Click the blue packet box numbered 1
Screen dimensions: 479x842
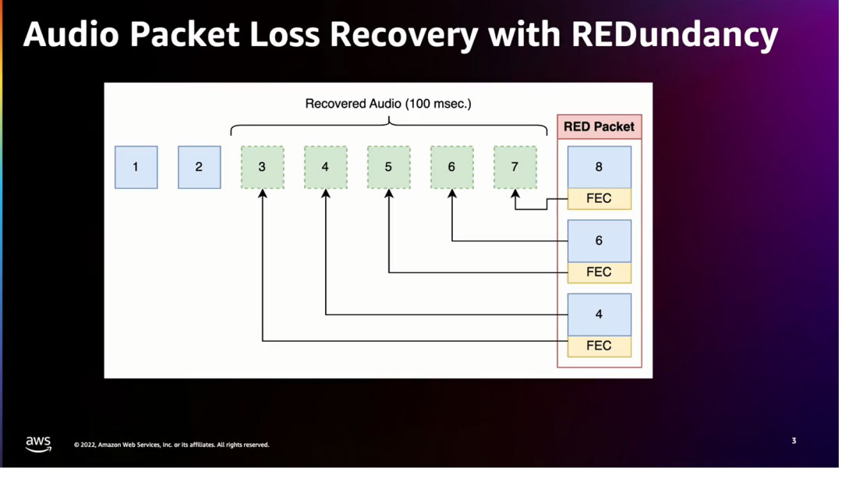point(136,167)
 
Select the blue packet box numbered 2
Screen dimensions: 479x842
point(199,167)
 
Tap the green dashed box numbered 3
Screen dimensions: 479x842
point(262,167)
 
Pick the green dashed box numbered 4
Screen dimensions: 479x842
point(325,167)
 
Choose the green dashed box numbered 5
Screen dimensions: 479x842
point(388,167)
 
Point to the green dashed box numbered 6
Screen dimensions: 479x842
point(451,167)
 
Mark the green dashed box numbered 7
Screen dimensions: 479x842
point(515,167)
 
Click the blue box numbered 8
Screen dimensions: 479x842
point(599,167)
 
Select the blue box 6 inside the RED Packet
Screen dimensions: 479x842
point(599,240)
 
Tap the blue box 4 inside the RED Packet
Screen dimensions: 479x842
point(599,314)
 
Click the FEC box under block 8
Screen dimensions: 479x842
point(599,199)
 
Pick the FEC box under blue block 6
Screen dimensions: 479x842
point(599,272)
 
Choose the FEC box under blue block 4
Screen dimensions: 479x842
point(599,346)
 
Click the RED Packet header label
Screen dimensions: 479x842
point(599,126)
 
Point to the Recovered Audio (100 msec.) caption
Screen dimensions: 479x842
point(388,104)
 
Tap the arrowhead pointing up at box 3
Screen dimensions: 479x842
point(263,193)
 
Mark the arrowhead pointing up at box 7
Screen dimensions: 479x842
point(515,193)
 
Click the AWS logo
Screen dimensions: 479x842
point(38,444)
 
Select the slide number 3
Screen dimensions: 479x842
point(794,442)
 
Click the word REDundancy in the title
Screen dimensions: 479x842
point(674,35)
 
